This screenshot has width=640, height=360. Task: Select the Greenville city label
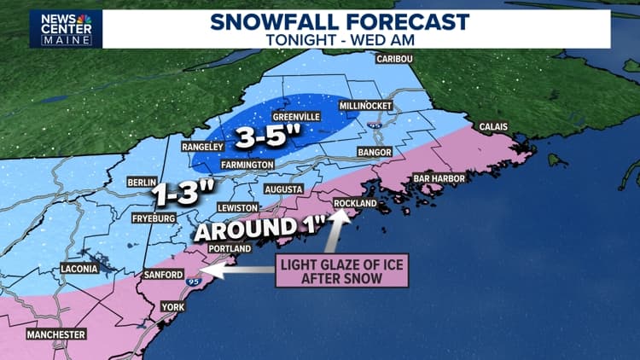296,116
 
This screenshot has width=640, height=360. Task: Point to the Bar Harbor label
439,178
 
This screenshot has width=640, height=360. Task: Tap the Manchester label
56,334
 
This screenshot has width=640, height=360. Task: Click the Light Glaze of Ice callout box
342,271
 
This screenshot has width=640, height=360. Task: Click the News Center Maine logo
66,28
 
